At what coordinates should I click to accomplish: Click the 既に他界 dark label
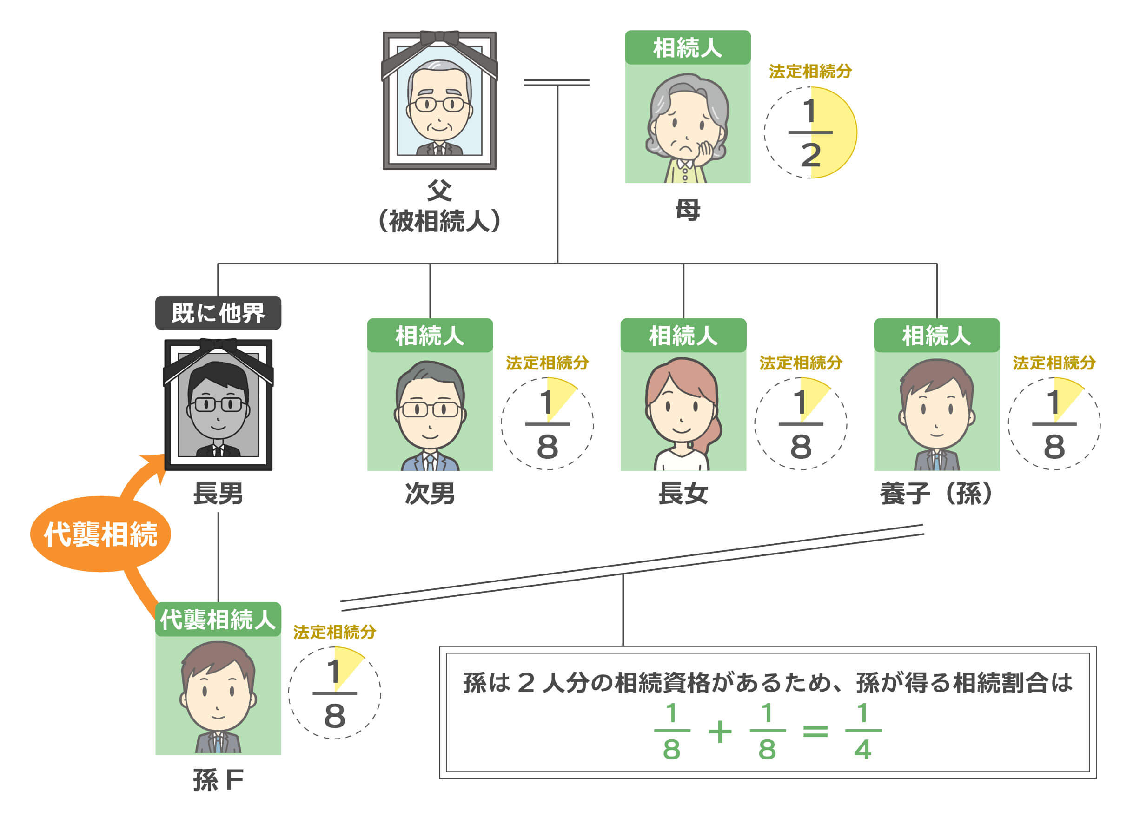tap(218, 313)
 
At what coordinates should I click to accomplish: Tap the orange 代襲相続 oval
tap(100, 534)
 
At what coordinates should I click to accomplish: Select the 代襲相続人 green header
tap(218, 620)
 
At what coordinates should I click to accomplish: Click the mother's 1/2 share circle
tap(810, 132)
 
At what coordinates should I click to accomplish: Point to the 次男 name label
tap(430, 494)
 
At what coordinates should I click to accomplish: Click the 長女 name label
tap(683, 494)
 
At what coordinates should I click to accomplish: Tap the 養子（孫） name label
tap(936, 494)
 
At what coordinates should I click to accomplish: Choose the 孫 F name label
tap(218, 780)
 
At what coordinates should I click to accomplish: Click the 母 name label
tap(687, 210)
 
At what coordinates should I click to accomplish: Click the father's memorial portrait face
tap(439, 103)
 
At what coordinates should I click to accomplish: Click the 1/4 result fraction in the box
tap(862, 731)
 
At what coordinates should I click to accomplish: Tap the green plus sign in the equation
tap(720, 732)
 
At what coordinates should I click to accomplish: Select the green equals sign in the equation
tap(815, 731)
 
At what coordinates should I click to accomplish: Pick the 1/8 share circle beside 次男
tap(547, 424)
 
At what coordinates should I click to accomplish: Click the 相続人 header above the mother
tap(687, 48)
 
